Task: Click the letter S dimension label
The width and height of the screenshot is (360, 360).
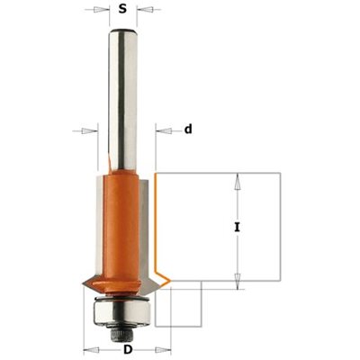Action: [122, 9]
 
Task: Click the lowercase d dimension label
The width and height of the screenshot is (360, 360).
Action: [188, 130]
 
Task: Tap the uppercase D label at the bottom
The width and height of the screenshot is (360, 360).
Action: [128, 349]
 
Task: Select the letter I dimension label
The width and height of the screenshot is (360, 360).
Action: [238, 227]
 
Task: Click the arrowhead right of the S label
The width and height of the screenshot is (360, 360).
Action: [145, 10]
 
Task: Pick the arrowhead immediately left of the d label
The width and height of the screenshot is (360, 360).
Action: [164, 130]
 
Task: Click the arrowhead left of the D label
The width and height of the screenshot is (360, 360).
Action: [91, 350]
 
